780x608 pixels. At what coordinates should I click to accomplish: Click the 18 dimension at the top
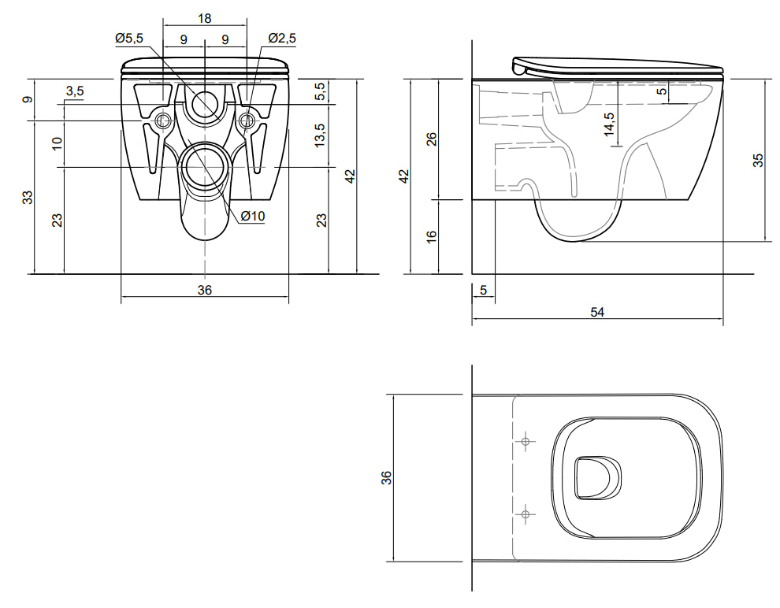click(x=204, y=18)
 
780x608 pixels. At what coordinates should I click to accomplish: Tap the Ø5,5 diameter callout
click(x=129, y=39)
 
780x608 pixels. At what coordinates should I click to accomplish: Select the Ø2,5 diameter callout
click(x=282, y=39)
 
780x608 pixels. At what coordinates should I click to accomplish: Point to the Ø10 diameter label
click(x=253, y=216)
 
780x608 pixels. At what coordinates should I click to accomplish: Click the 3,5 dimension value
click(x=75, y=91)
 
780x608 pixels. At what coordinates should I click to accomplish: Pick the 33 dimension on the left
click(x=28, y=197)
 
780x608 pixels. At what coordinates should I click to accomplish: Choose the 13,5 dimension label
click(x=320, y=135)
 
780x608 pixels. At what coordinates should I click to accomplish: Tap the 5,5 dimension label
click(x=321, y=91)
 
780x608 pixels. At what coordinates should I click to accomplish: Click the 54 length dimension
click(x=597, y=312)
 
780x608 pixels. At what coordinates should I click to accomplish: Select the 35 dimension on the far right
click(x=758, y=160)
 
